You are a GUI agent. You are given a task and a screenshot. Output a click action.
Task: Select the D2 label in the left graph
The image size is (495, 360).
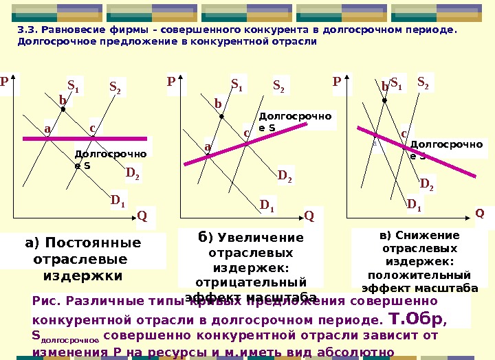(x=133, y=174)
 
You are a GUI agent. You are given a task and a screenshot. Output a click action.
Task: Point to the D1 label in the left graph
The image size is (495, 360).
(x=118, y=201)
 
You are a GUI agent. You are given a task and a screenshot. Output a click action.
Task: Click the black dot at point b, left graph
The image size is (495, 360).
(x=63, y=109)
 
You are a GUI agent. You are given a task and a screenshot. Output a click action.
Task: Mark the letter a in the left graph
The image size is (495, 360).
(x=47, y=128)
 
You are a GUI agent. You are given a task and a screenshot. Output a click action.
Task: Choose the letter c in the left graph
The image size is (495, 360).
(x=92, y=128)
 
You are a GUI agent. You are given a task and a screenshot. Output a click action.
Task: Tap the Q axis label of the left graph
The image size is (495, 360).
(x=142, y=216)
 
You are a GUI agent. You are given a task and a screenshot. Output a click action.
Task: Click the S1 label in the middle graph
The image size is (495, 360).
(x=237, y=86)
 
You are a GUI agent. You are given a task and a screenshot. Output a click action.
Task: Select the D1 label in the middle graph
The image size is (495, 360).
(x=267, y=205)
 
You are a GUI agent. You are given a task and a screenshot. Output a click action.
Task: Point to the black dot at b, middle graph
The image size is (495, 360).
(x=221, y=116)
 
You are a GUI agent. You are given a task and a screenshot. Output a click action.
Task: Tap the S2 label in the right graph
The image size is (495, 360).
(x=423, y=83)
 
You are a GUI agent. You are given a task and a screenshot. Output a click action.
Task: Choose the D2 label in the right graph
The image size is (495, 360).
(x=427, y=184)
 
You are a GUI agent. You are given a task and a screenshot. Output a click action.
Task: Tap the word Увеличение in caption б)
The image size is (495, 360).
(x=261, y=238)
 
